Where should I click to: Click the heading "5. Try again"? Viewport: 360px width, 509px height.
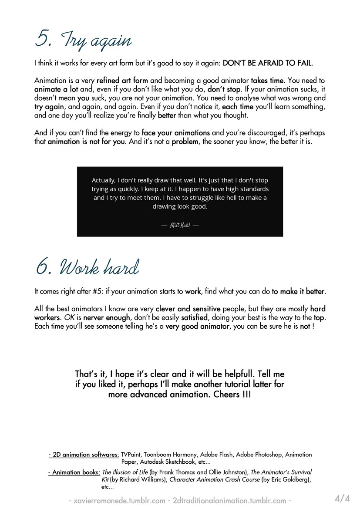coord(83,40)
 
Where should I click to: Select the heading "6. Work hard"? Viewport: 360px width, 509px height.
coord(87,266)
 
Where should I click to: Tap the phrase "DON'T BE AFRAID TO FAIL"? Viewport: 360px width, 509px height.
coord(267,63)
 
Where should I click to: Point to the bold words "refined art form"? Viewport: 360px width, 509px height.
coord(122,81)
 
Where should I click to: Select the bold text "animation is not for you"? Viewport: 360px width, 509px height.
coord(86,142)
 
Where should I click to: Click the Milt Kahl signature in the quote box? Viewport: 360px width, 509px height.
coord(180,225)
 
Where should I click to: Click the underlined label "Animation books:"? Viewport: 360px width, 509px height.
coord(74,472)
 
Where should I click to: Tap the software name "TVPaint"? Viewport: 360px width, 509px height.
coord(131,455)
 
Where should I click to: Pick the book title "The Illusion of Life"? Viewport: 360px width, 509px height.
coord(125,472)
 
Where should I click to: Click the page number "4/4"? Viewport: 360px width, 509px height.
coord(342,498)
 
